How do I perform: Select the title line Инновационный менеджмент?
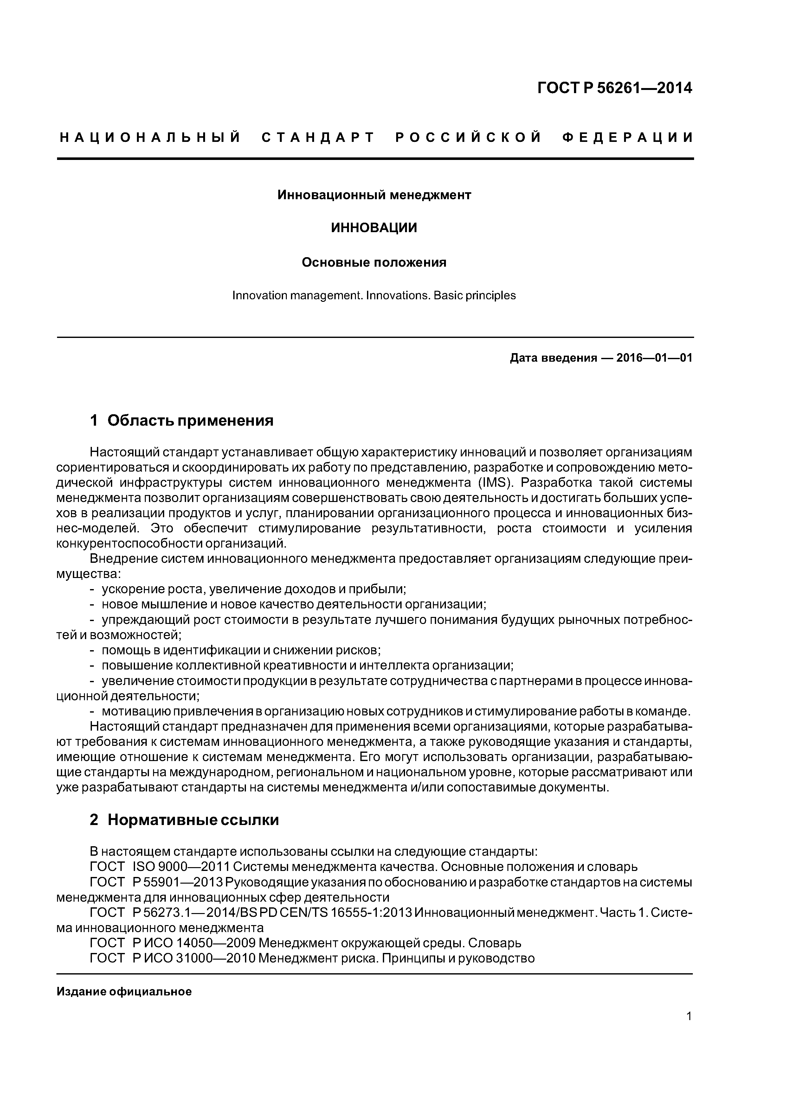coord(374,195)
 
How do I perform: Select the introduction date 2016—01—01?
coord(654,358)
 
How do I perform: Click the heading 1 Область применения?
coord(182,421)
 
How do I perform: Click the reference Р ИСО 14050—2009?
coord(193,943)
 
